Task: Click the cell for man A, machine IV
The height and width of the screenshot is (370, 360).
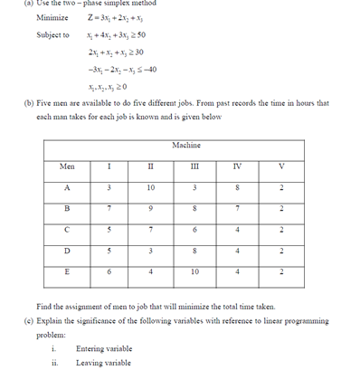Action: tap(238, 188)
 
